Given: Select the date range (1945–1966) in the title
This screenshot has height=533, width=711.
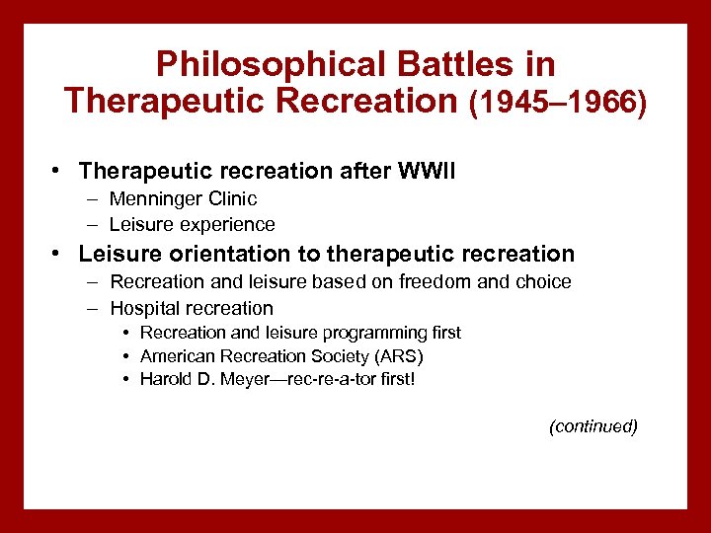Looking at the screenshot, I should [x=557, y=102].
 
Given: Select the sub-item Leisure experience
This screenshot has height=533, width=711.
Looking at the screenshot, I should [x=192, y=224].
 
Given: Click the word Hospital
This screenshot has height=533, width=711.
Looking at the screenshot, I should [x=143, y=308].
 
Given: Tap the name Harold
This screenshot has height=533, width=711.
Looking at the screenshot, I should [x=165, y=379].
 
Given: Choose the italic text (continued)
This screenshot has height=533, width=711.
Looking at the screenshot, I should [x=592, y=426].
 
